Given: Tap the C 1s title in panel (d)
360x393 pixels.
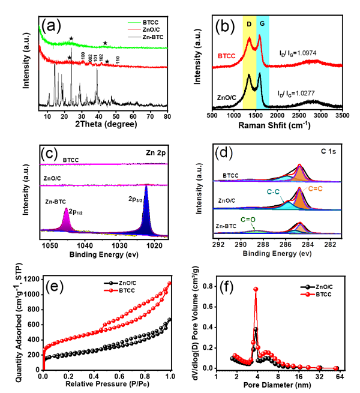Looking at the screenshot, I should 333,154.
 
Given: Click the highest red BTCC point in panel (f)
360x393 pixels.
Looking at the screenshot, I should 256,289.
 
